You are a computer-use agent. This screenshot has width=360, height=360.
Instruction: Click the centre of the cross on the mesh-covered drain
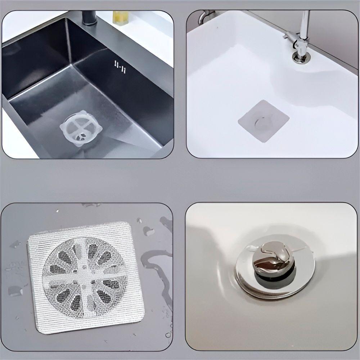pos(85,277)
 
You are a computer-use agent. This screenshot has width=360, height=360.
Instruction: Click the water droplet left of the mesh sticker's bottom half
pos(15,290)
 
